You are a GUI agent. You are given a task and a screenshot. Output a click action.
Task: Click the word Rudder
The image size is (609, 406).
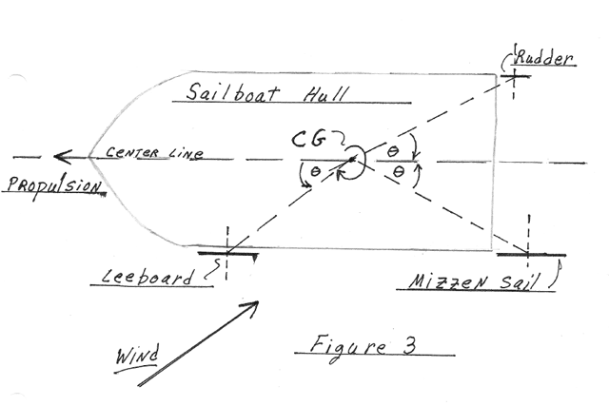(x=543, y=58)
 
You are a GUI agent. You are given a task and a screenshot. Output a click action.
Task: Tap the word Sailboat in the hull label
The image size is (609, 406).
(x=232, y=92)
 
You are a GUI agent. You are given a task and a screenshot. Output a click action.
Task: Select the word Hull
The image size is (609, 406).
(x=325, y=93)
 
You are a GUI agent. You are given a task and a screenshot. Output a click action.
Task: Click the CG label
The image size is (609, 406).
(x=308, y=140)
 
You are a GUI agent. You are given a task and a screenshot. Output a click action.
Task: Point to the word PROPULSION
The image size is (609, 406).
(x=55, y=185)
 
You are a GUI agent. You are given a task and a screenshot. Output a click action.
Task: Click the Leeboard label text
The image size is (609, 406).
(x=147, y=276)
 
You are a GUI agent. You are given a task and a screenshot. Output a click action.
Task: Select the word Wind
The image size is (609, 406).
(x=137, y=355)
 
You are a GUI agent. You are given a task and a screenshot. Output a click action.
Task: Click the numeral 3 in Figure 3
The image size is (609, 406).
(x=408, y=345)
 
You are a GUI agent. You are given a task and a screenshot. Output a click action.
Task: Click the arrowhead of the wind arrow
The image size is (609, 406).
(x=250, y=307)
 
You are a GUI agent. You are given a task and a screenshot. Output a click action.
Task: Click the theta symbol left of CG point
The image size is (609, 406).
(x=315, y=171)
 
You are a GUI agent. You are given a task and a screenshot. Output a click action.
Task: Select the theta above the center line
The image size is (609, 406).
(x=393, y=151)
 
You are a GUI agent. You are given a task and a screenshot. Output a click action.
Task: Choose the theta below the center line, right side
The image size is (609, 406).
(x=399, y=171)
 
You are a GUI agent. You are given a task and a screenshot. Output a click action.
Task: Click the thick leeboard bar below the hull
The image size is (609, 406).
(x=227, y=254)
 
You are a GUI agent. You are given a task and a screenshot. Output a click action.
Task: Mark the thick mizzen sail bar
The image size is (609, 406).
(x=531, y=255)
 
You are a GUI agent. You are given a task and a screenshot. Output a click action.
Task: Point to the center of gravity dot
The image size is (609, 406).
(x=352, y=159)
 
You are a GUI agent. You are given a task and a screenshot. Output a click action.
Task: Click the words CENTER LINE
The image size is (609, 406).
(x=154, y=152)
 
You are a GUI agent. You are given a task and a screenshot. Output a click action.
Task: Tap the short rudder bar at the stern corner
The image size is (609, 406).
(x=515, y=76)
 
